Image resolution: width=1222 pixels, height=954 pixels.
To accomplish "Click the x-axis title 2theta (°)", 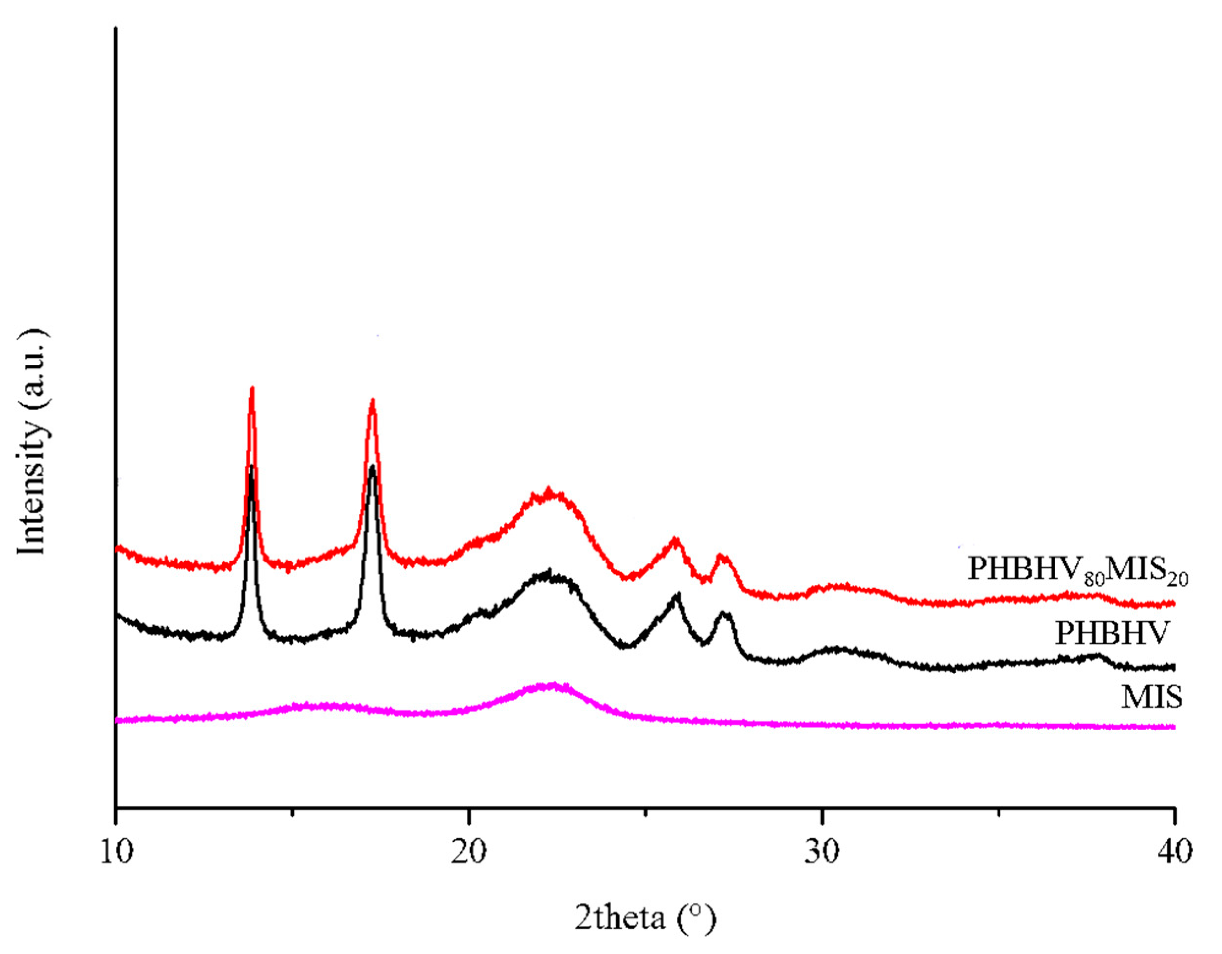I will click(x=645, y=918).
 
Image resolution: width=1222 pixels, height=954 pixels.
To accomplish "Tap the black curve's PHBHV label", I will click(x=1113, y=634).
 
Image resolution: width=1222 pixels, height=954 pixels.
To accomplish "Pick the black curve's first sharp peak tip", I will click(x=252, y=466).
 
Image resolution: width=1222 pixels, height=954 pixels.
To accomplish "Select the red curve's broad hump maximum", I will click(x=548, y=491).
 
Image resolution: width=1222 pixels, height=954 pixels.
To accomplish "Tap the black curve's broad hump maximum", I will click(x=548, y=572).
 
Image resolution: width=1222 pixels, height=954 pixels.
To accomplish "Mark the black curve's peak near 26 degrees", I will click(x=678, y=595).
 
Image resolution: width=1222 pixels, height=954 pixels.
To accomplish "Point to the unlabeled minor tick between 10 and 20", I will click(x=292, y=812).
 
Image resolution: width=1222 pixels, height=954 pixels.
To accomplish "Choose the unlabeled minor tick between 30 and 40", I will click(x=998, y=812).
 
